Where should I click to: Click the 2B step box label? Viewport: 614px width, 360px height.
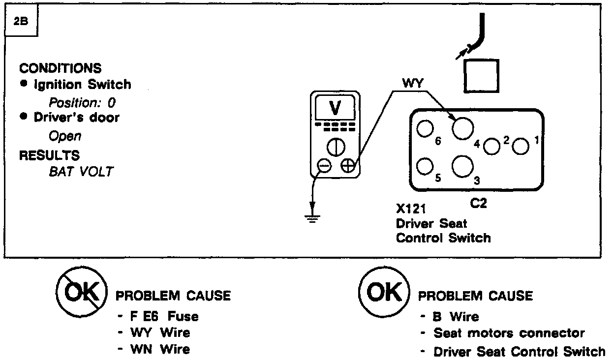[21, 23]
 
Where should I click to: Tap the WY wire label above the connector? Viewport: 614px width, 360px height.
[413, 84]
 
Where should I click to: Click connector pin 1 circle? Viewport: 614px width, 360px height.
[521, 146]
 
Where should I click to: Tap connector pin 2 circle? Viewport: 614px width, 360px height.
[492, 146]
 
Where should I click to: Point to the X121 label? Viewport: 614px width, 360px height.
[412, 209]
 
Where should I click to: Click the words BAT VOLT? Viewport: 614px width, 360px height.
[81, 172]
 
